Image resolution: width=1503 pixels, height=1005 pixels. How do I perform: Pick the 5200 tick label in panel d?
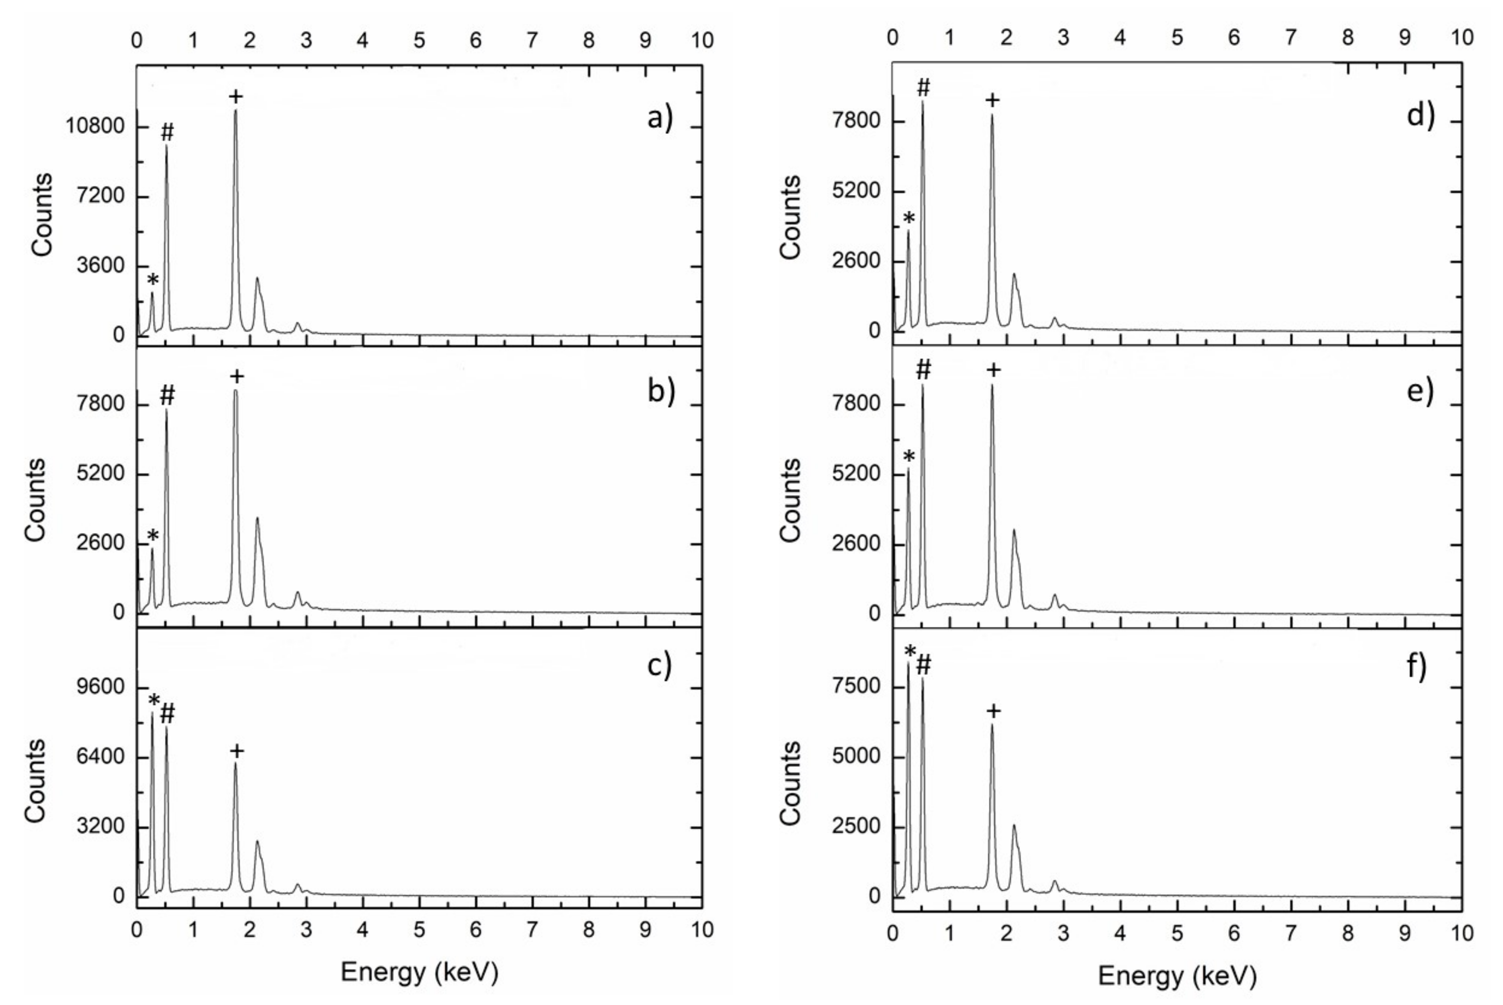855,191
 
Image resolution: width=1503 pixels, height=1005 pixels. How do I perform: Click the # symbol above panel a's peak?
167,133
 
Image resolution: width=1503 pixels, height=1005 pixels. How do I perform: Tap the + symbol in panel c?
236,750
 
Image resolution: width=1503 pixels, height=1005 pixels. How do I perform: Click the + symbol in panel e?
993,370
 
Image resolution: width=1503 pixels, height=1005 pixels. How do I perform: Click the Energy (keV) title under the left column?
419,972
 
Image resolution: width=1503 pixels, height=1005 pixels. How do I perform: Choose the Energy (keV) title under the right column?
1177,975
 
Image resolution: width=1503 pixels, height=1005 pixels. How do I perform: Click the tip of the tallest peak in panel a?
235,110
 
